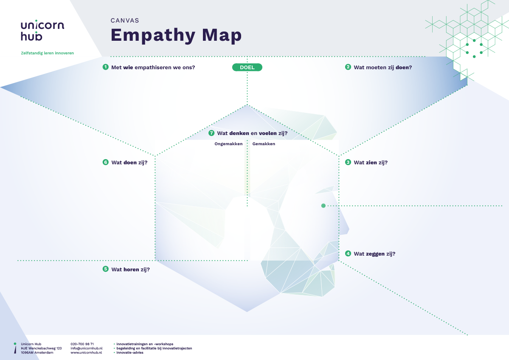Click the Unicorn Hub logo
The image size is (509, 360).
point(42,30)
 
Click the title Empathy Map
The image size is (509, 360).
point(176,35)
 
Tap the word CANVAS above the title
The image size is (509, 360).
point(125,20)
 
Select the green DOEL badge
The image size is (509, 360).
point(247,67)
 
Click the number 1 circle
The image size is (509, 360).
point(106,67)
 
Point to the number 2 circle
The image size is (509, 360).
point(348,67)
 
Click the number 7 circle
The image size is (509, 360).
point(211,133)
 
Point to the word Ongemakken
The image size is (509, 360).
point(228,144)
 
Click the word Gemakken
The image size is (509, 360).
point(264,144)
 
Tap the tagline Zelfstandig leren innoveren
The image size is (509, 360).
point(47,53)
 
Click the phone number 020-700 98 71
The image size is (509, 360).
point(82,344)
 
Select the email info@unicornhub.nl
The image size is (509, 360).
point(86,348)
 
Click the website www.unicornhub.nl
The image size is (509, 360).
point(86,352)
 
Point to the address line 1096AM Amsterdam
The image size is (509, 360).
point(37,352)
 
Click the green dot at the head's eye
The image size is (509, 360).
point(323,206)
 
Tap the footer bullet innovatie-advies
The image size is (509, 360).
point(130,352)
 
